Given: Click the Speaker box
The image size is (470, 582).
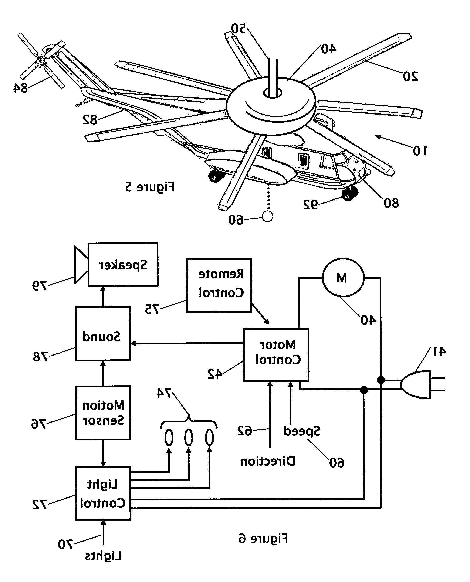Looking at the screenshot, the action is pyautogui.click(x=123, y=264).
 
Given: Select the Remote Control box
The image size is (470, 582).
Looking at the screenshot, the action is pyautogui.click(x=219, y=285).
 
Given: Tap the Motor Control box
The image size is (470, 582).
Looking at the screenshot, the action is pyautogui.click(x=276, y=355).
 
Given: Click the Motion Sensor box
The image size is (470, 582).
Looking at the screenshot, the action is pyautogui.click(x=103, y=413).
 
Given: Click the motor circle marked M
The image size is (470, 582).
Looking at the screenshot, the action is pyautogui.click(x=343, y=278).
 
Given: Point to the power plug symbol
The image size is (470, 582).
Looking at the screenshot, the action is pyautogui.click(x=422, y=385).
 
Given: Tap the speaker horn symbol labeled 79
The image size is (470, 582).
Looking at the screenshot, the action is pyautogui.click(x=81, y=265).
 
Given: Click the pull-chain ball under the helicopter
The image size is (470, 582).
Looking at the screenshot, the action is pyautogui.click(x=267, y=216).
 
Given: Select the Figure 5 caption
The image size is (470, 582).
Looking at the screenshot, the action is pyautogui.click(x=150, y=187).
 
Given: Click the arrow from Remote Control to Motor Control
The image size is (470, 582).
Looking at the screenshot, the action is pyautogui.click(x=260, y=314).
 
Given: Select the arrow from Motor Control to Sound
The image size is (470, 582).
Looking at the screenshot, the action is pyautogui.click(x=187, y=343).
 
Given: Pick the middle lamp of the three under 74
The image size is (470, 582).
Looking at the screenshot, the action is pyautogui.click(x=189, y=437).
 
